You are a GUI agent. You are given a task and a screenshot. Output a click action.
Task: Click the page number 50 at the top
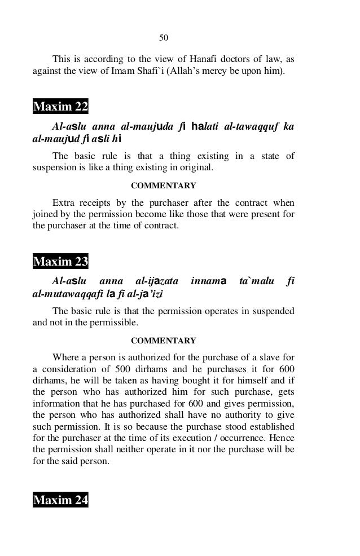(164, 38)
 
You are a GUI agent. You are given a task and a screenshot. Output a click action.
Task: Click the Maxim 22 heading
(60, 107)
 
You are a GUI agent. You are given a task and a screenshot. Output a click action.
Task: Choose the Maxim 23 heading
(60, 262)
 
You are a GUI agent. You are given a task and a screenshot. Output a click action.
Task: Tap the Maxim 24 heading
(60, 500)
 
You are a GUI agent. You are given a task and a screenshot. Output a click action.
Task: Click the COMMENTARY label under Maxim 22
(164, 186)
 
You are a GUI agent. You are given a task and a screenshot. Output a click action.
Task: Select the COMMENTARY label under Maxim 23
(164, 341)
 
